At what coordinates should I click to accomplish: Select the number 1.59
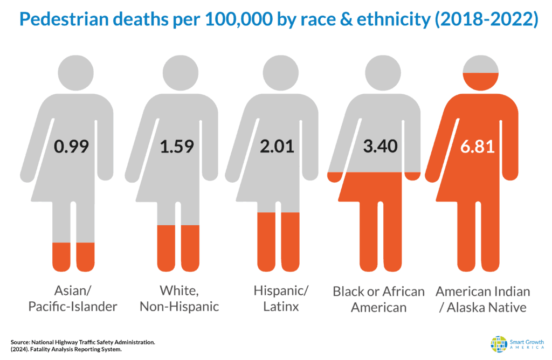coord(177,147)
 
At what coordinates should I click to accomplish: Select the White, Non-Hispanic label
coord(178,299)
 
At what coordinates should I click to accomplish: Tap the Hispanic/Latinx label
coord(280,299)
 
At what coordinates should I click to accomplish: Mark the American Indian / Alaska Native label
coord(482,299)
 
